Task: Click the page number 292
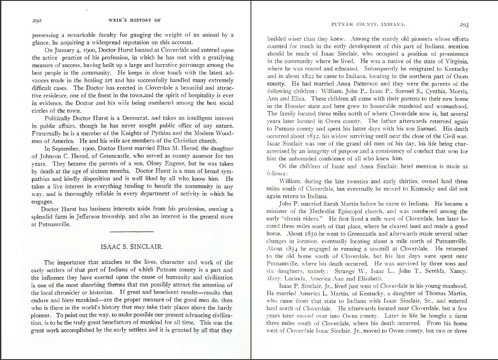click(37, 20)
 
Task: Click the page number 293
click(464, 25)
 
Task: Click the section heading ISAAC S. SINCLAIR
click(132, 247)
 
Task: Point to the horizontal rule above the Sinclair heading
click(132, 231)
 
